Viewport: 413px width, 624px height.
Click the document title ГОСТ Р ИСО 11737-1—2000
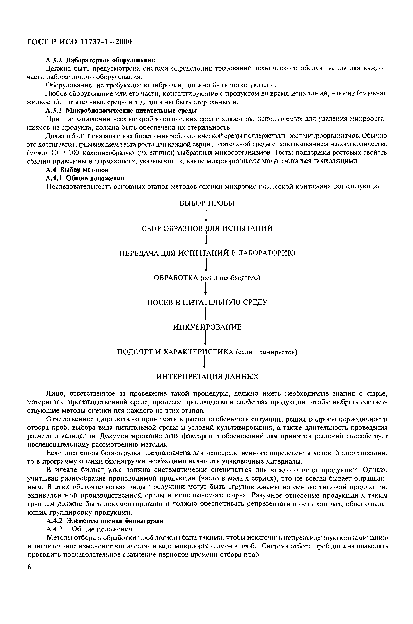(79, 42)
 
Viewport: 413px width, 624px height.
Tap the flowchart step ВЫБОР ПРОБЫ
(207, 203)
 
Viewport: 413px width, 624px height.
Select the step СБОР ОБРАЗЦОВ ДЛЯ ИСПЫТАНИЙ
(207, 228)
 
